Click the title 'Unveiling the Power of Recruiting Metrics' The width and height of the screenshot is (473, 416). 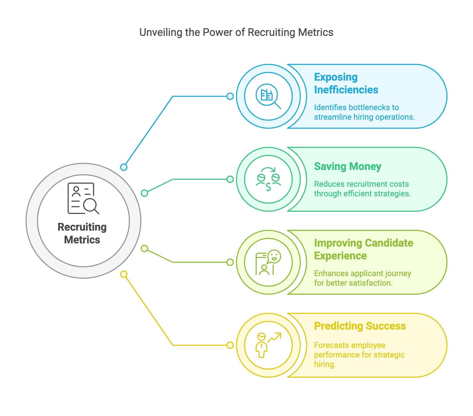point(236,32)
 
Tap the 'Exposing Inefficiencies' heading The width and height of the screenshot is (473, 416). point(346,83)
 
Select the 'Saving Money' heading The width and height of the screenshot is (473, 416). point(348,167)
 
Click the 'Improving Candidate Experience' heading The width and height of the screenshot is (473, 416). point(364,249)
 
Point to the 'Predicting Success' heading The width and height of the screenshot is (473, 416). point(360,326)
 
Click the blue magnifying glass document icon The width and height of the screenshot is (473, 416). point(268,96)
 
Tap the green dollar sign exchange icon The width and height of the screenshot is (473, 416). point(268,179)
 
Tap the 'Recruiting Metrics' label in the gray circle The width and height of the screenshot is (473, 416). point(82,233)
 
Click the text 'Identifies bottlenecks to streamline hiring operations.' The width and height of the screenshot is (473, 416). point(364,112)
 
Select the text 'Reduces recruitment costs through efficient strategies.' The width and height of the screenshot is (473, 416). point(362,189)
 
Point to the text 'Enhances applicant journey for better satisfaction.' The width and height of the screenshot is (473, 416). point(362,278)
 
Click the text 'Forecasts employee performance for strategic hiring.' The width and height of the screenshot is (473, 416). point(359,355)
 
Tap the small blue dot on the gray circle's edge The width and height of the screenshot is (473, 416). point(124,167)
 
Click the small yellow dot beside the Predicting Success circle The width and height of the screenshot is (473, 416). point(230,345)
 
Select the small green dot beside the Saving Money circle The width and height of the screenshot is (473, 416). point(230,179)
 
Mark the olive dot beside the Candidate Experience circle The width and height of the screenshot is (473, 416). point(230,262)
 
